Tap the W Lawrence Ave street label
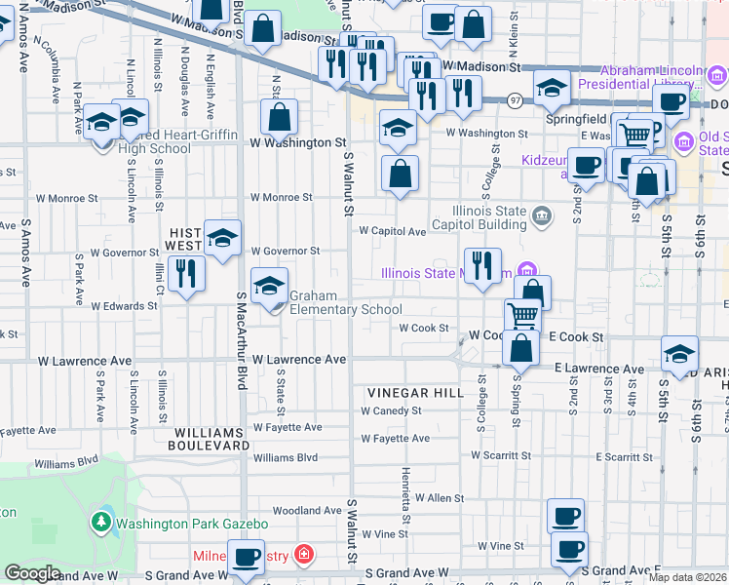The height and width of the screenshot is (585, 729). (x=299, y=360)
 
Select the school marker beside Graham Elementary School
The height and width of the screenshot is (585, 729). (x=270, y=287)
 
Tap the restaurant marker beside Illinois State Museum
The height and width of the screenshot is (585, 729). (x=482, y=265)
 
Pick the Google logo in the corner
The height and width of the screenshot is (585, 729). (x=32, y=573)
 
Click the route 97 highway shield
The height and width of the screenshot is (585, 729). (x=515, y=100)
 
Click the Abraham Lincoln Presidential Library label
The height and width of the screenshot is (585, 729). (x=652, y=77)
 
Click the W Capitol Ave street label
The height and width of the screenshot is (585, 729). (x=393, y=232)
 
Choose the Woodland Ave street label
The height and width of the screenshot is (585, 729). (x=307, y=510)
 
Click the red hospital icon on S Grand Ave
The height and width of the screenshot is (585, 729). (x=304, y=555)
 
